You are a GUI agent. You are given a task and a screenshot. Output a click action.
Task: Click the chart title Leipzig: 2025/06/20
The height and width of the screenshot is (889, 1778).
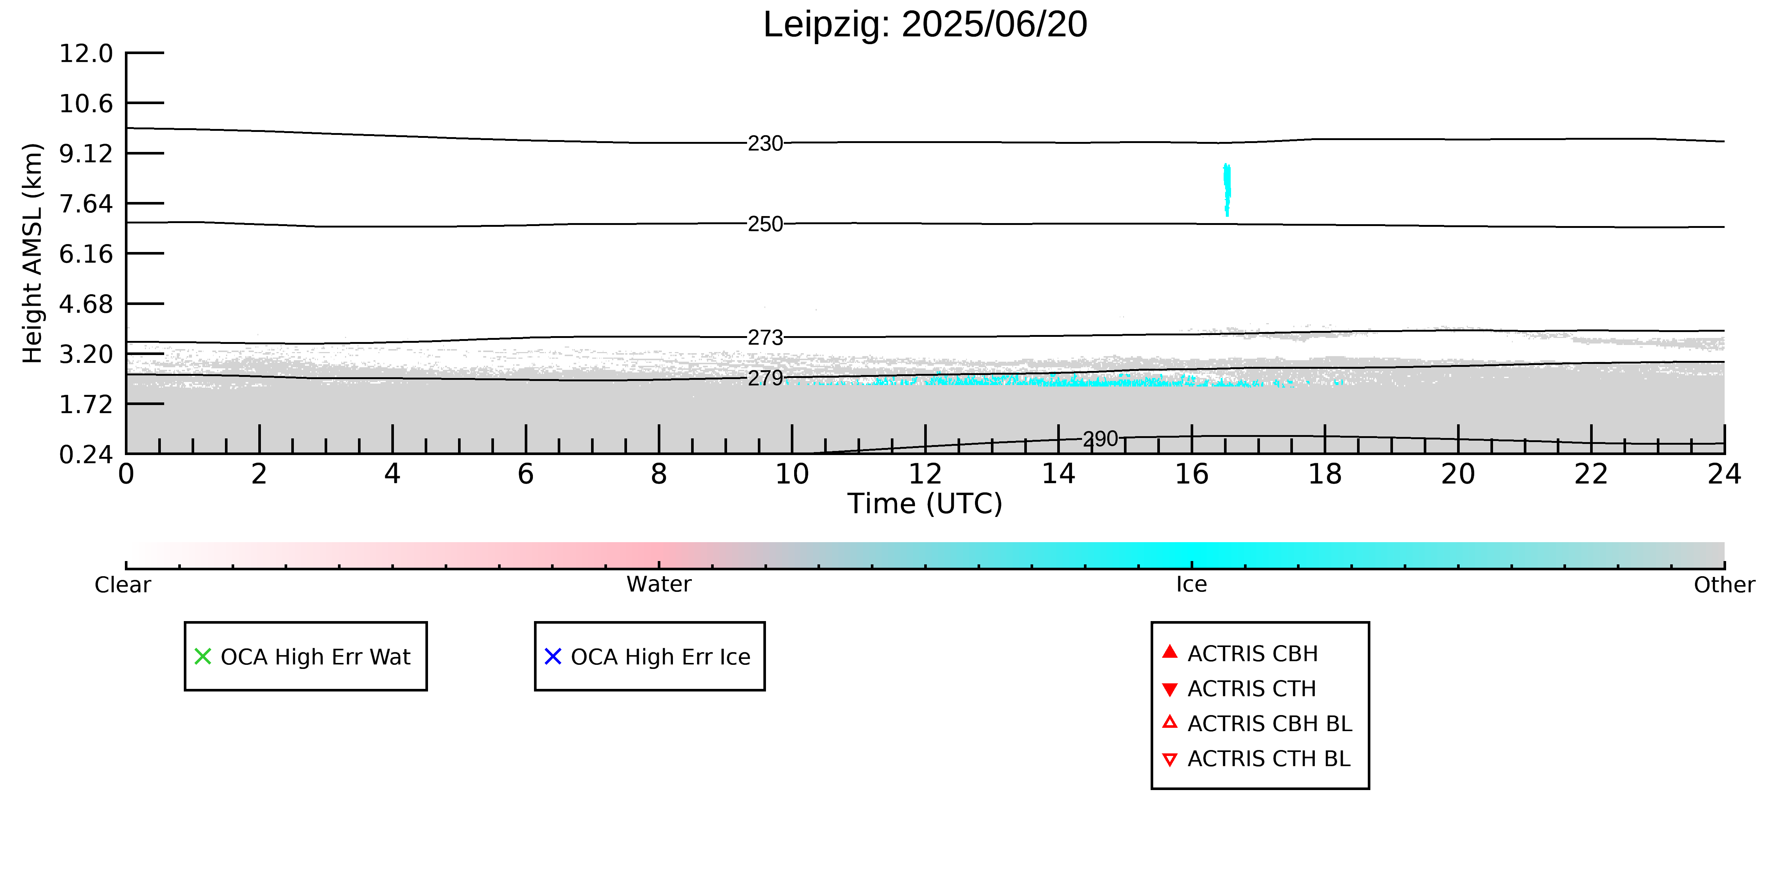click(x=925, y=25)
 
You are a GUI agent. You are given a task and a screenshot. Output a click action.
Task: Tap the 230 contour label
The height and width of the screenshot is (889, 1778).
click(x=766, y=143)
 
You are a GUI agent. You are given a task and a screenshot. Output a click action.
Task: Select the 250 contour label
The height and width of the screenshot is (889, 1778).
click(x=766, y=224)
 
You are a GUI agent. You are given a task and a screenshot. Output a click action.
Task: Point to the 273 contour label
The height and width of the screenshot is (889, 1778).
click(x=766, y=338)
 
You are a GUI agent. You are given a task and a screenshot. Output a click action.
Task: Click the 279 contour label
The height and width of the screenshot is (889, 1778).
click(x=766, y=378)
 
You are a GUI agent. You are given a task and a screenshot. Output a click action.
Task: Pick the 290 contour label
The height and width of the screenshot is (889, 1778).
click(x=1100, y=439)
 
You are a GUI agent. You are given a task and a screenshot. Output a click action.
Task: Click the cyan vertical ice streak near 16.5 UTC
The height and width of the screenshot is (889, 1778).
click(x=1227, y=190)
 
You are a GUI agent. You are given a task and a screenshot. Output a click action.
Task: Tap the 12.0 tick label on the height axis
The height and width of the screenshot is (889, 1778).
click(x=86, y=53)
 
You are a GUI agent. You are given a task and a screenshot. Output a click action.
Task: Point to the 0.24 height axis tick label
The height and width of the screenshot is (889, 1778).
click(x=86, y=455)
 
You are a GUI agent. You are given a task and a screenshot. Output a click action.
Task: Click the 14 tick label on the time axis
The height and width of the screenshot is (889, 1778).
click(x=1058, y=474)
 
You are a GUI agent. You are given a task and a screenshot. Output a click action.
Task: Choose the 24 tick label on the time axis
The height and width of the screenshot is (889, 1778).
click(x=1724, y=474)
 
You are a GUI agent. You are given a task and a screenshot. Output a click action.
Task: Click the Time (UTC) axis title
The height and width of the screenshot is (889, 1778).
click(x=925, y=504)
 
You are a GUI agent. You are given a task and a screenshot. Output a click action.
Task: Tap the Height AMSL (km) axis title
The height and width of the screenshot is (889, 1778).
click(x=33, y=253)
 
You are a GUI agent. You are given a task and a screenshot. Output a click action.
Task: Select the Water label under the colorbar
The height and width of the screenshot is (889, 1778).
click(x=659, y=585)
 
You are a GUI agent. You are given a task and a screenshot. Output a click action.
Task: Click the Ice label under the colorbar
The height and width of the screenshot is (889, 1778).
click(x=1191, y=585)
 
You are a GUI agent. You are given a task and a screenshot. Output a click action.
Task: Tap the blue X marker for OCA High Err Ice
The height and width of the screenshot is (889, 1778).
click(x=553, y=656)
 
